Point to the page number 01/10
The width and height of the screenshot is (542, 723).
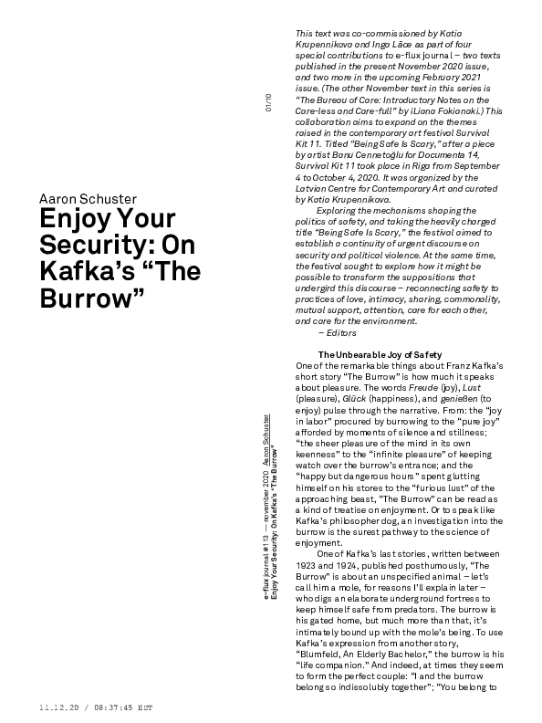tap(268, 101)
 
